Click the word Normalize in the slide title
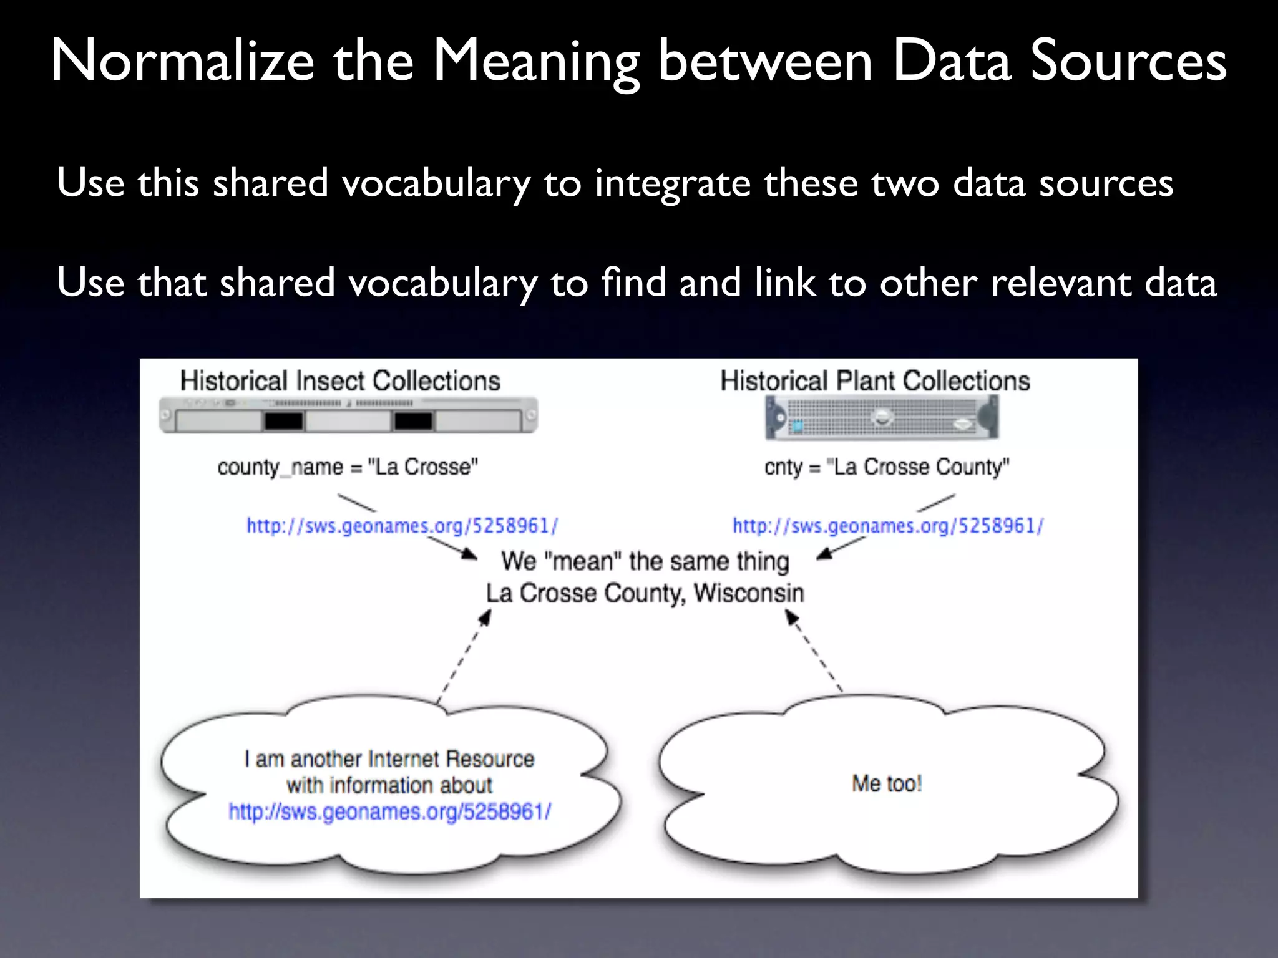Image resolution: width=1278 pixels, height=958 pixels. (x=182, y=61)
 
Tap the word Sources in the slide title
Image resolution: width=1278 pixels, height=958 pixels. (x=1128, y=61)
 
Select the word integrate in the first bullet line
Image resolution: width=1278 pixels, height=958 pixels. (x=672, y=183)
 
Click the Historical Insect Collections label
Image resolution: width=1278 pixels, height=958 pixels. (x=340, y=381)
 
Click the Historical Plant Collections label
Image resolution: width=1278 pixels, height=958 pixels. (x=875, y=381)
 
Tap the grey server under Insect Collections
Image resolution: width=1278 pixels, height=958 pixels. (x=348, y=415)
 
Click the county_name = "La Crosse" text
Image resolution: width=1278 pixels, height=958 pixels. (x=348, y=467)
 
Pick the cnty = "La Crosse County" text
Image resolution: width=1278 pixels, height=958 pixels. (x=887, y=467)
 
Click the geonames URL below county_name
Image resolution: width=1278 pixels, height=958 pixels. (x=402, y=526)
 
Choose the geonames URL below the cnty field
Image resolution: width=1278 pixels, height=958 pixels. (x=888, y=526)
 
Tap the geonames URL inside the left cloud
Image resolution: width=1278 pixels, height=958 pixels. (x=390, y=811)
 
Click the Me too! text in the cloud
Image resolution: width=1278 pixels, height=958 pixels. (x=887, y=783)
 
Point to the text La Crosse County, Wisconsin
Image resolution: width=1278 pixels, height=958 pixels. (x=645, y=593)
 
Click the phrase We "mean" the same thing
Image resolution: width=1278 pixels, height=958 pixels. (x=645, y=561)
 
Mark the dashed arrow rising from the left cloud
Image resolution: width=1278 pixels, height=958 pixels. (x=464, y=656)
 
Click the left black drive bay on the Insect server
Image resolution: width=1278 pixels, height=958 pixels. (x=284, y=422)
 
